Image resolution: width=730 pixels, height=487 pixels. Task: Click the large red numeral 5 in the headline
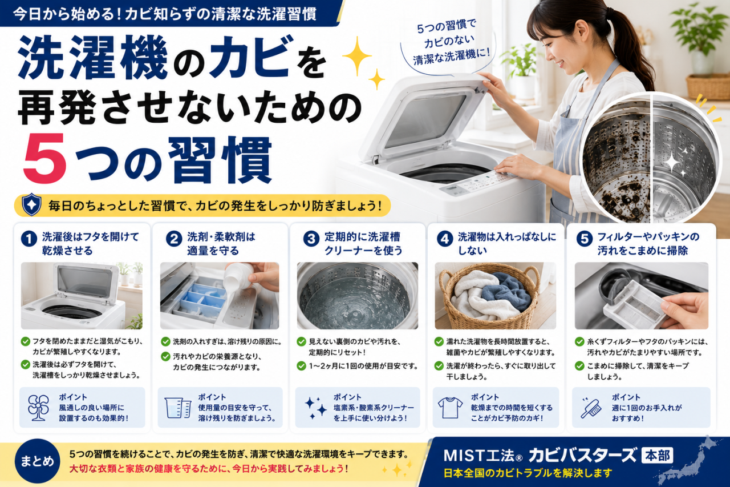[x=45, y=158]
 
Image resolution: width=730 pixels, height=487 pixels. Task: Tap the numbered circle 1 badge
[x=29, y=239]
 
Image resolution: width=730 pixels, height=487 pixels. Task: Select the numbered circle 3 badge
[x=311, y=239]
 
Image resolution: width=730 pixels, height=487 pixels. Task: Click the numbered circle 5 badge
[x=585, y=239]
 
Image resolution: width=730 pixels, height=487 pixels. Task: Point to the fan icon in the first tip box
[x=38, y=408]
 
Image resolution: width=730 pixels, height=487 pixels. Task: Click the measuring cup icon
[x=177, y=408]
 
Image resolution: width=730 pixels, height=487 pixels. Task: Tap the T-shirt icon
[x=450, y=408]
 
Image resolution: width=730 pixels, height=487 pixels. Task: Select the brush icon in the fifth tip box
[x=591, y=408]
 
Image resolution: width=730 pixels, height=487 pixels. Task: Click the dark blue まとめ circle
[x=37, y=461]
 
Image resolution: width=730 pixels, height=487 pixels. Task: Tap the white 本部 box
[x=657, y=456]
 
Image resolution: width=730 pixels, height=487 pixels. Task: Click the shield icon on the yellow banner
[x=31, y=205]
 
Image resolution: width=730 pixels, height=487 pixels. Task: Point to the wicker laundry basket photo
[x=496, y=296]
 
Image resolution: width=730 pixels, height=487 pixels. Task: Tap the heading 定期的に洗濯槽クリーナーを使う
[x=363, y=244]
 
